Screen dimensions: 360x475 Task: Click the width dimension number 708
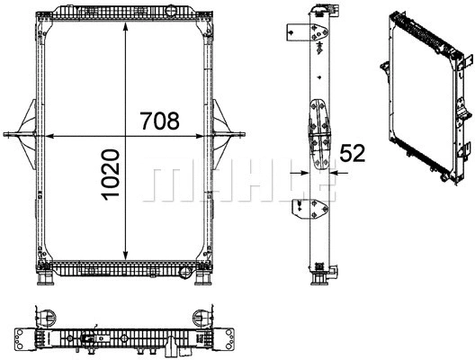160,120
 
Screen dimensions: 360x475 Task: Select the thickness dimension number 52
353,154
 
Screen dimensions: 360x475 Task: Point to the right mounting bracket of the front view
230,136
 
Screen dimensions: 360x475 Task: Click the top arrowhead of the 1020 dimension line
125,20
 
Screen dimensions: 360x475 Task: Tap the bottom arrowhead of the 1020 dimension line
125,259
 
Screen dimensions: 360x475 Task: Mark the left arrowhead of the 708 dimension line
49,136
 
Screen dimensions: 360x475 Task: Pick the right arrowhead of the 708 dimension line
210,136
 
